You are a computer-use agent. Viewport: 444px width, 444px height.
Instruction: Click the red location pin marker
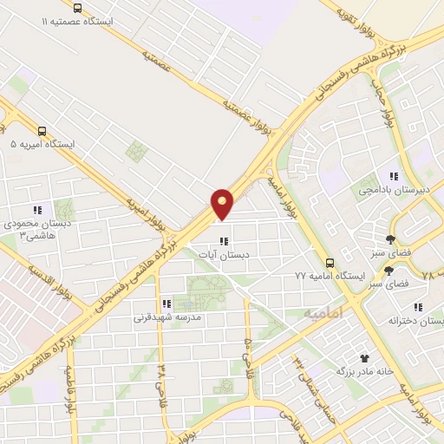pyautogui.click(x=223, y=204)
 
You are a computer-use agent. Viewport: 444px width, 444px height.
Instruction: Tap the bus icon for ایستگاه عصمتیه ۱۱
pyautogui.click(x=77, y=6)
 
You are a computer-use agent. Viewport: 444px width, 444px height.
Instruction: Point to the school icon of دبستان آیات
pyautogui.click(x=224, y=241)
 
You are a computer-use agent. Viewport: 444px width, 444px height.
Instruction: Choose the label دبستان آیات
pyautogui.click(x=224, y=255)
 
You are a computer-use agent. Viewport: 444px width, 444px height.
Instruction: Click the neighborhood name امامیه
pyautogui.click(x=323, y=311)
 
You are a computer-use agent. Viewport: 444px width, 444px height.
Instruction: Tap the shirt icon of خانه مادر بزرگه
pyautogui.click(x=363, y=357)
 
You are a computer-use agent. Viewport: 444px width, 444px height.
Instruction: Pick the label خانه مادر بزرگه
pyautogui.click(x=365, y=371)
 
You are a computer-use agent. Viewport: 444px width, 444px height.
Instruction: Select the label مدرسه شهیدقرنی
pyautogui.click(x=167, y=317)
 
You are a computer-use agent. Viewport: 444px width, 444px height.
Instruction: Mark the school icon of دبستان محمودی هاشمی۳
pyautogui.click(x=36, y=210)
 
